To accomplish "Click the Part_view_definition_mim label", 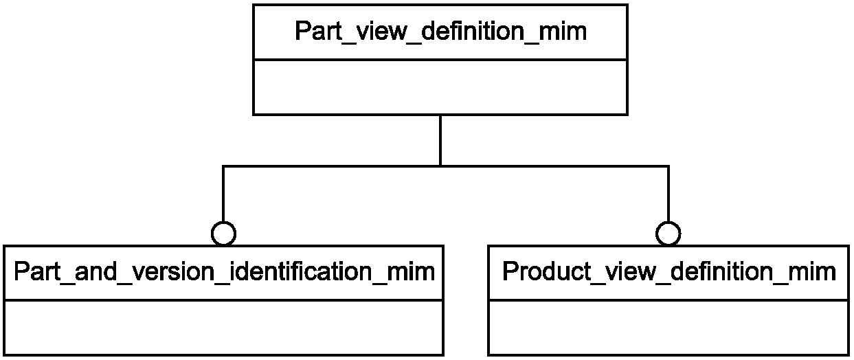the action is (x=440, y=32).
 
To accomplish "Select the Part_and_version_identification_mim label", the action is (x=224, y=272).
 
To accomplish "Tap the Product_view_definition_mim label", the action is (x=669, y=272).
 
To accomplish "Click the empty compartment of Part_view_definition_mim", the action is (x=440, y=87).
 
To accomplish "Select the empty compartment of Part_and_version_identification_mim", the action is (x=223, y=328).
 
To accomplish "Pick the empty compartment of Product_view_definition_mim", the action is (x=668, y=328).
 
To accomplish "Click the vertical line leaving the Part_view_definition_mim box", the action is (x=440, y=140).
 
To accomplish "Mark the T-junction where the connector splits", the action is (x=440, y=166).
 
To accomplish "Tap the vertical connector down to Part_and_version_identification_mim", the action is (x=223, y=194).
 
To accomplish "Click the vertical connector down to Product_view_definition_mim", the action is (x=668, y=194).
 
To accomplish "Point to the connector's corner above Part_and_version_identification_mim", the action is (x=223, y=166).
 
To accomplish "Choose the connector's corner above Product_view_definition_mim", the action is (x=668, y=166).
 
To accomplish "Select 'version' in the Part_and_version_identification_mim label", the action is (x=172, y=272).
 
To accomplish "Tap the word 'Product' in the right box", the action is (x=547, y=272).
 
